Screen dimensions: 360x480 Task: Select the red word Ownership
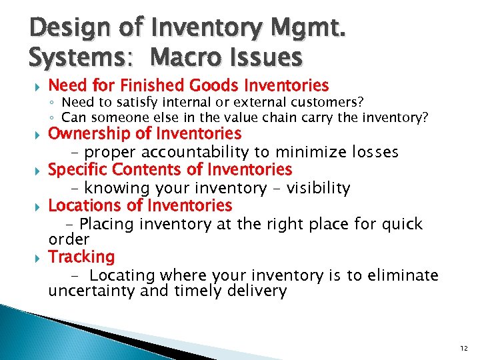tap(87, 134)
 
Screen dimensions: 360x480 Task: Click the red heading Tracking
tap(81, 257)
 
